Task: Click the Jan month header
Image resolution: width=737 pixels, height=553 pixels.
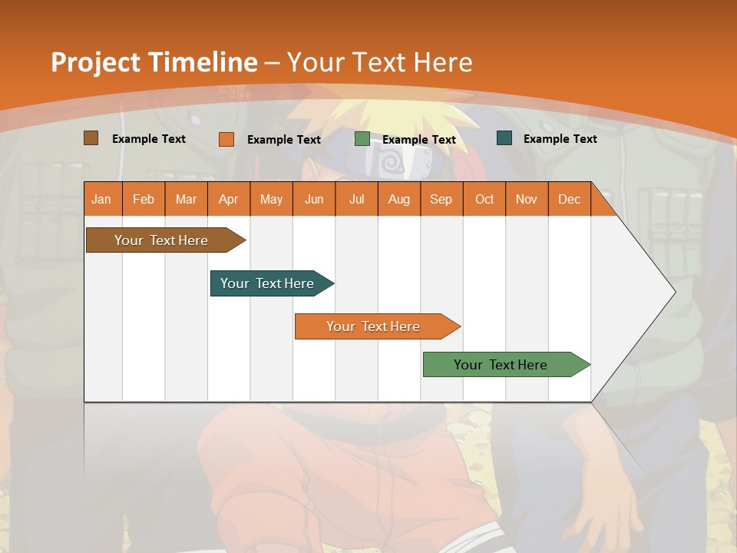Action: click(101, 199)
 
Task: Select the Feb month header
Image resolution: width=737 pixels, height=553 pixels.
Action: click(144, 199)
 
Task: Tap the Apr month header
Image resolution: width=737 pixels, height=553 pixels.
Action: click(228, 199)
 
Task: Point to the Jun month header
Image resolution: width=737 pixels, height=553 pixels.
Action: click(314, 199)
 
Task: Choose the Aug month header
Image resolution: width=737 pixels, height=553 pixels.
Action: click(398, 199)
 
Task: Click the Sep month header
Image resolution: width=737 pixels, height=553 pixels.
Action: click(441, 199)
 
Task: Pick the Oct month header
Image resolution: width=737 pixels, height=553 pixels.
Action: click(484, 199)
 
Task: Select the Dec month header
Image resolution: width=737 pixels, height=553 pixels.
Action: click(569, 199)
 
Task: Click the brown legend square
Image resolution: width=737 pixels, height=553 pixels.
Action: click(91, 138)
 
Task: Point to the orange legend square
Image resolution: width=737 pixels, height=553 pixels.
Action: click(226, 139)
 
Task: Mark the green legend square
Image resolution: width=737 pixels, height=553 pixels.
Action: click(362, 139)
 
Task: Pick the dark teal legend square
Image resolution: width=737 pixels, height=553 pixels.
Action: click(504, 138)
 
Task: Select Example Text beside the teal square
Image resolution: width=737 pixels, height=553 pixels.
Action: click(560, 139)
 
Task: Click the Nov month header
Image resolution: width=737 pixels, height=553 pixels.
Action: click(526, 199)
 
